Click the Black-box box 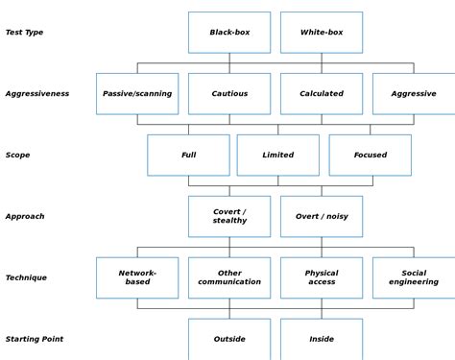point(229,33)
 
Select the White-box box point(322,33)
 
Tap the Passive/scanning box point(137,94)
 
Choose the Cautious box point(229,94)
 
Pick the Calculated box point(322,94)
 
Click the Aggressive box point(414,94)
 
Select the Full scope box point(188,155)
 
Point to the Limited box point(278,155)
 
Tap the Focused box point(370,155)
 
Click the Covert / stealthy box point(229,216)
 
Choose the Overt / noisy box point(322,216)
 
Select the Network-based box point(137,277)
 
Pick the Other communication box point(229,277)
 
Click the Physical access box point(322,277)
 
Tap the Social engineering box point(414,277)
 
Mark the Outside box point(229,339)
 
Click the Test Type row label point(24,33)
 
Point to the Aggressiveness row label point(36,94)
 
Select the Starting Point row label point(34,339)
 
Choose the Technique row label point(26,277)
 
